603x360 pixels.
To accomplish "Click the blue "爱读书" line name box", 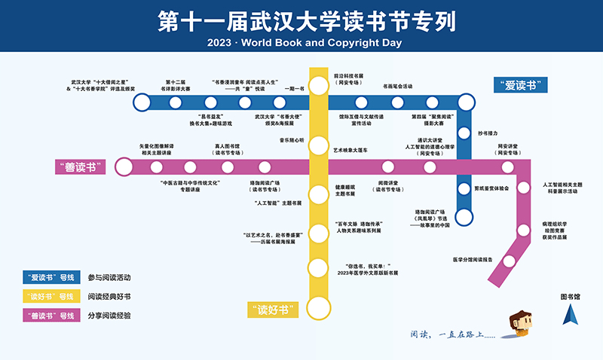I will click(520, 85).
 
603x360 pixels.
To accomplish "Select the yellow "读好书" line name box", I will click(274, 308).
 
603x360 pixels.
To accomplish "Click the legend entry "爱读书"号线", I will click(51, 276).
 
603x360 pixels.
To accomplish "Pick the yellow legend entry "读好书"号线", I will click(51, 296).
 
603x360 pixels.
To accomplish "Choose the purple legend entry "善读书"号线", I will click(51, 315).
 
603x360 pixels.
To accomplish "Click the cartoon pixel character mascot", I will click(520, 322).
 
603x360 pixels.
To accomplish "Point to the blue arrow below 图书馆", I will click(569, 316).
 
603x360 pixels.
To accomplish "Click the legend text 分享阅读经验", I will click(109, 315).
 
